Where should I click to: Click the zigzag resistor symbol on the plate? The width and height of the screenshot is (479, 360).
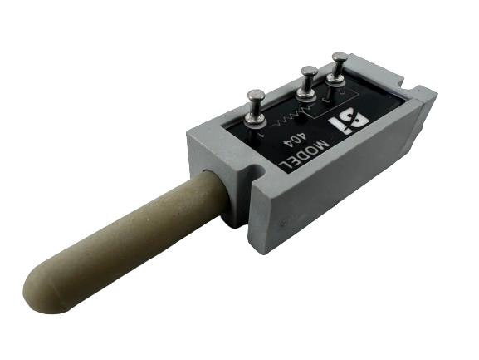291,110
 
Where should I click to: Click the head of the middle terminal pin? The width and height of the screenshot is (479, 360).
308,70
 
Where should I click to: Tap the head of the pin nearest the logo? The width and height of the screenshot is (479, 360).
340,57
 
